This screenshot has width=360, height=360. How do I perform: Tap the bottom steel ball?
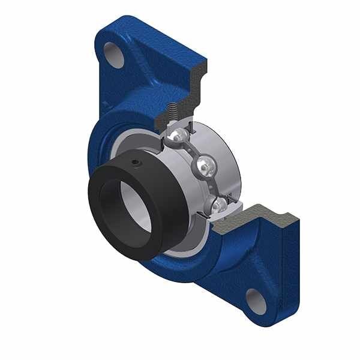click(218, 205)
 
